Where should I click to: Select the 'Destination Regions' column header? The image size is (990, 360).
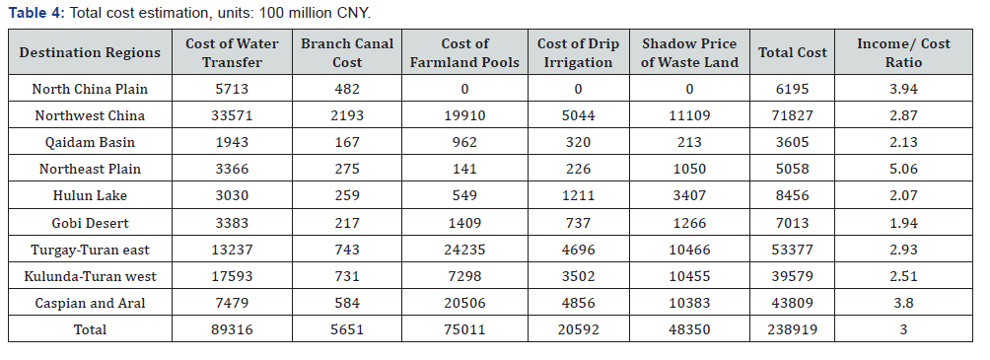click(x=90, y=52)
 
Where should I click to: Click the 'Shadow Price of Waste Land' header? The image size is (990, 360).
click(x=689, y=52)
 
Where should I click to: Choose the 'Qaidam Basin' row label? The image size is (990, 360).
click(x=90, y=142)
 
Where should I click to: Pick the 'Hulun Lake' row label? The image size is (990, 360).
click(x=90, y=195)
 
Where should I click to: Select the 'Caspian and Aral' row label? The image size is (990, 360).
click(x=90, y=303)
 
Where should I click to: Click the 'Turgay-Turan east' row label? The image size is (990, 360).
click(x=90, y=250)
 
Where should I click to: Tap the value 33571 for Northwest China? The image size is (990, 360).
click(x=232, y=115)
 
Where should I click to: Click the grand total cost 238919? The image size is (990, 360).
click(x=793, y=330)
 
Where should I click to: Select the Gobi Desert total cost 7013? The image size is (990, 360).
click(x=793, y=223)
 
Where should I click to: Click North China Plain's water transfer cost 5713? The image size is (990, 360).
click(x=232, y=89)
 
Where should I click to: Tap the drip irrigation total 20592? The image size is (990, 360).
click(x=579, y=330)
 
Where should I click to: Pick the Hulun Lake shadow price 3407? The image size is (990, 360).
click(x=689, y=195)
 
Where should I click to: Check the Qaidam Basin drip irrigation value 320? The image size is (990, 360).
click(x=579, y=142)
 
